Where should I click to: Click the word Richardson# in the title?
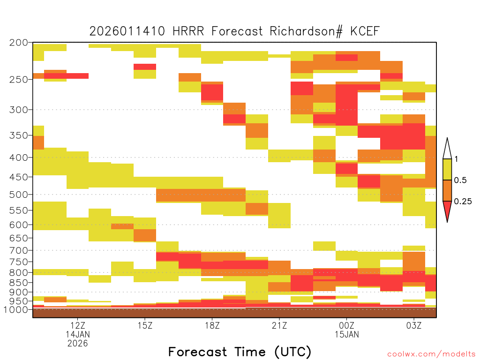point(306,31)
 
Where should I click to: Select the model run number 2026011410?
point(127,31)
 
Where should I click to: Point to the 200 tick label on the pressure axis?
point(18,43)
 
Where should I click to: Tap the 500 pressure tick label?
point(18,195)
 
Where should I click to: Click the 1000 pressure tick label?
point(15,309)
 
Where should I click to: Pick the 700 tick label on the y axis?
point(18,250)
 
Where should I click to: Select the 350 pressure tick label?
point(18,135)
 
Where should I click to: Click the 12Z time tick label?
point(78,325)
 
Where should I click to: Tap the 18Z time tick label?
point(212,325)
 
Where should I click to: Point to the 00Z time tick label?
point(346,325)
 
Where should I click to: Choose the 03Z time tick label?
point(414,325)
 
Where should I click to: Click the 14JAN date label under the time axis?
point(78,334)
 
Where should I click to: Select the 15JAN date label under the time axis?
point(347,334)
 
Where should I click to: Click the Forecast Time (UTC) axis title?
point(240,352)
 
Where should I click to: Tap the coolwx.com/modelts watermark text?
point(431,354)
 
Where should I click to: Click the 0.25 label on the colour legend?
point(463,202)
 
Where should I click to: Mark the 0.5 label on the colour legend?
point(460,180)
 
